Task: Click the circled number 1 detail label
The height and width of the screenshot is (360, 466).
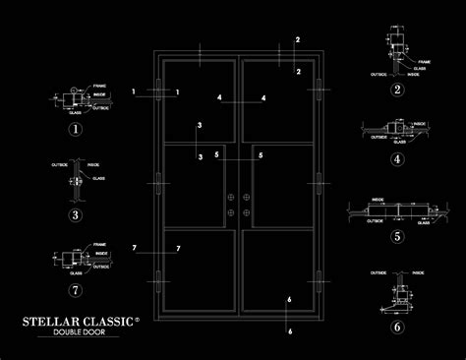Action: tap(75, 128)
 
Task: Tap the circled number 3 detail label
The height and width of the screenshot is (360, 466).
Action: tap(75, 214)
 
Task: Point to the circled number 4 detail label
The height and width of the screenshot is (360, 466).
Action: tap(397, 158)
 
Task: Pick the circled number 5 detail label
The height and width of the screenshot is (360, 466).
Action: tap(397, 236)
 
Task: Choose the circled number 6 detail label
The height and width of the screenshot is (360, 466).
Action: tap(397, 327)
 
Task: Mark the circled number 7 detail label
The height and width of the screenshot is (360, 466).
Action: tap(75, 289)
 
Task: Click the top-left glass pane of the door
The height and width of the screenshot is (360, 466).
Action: tap(198, 102)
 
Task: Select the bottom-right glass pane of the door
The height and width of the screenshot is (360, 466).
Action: tap(280, 277)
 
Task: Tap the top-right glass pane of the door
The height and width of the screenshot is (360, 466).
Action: tap(280, 102)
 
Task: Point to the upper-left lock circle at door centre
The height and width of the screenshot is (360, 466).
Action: tap(230, 196)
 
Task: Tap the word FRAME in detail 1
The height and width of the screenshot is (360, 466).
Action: tap(100, 88)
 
